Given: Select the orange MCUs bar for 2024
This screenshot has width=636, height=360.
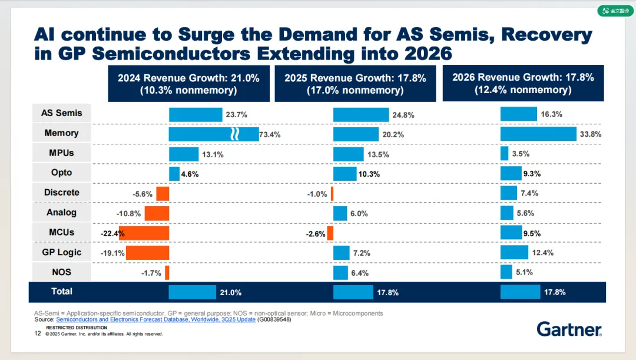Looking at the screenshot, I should click(144, 233).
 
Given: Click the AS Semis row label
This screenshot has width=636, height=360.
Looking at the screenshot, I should click(61, 113).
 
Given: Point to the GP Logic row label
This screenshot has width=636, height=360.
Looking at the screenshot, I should click(61, 252).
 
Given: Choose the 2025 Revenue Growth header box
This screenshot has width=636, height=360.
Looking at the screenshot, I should click(355, 83).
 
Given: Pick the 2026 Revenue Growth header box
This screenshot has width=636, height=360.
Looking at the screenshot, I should click(523, 83).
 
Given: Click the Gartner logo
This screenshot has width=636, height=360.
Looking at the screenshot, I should click(569, 329).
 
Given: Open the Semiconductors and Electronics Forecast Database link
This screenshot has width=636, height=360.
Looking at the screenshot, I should click(155, 319).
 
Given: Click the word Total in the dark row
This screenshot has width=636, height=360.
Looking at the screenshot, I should click(62, 291).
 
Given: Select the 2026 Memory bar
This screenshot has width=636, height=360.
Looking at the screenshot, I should click(538, 134).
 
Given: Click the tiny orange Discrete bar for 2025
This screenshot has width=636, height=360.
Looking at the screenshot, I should click(332, 193).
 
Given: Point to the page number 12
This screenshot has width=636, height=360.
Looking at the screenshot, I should click(38, 333).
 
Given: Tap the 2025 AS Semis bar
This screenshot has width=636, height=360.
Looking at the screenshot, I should click(361, 114).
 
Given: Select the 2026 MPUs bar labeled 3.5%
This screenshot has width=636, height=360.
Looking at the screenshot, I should click(504, 153).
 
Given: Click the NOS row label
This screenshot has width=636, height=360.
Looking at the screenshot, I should click(61, 272).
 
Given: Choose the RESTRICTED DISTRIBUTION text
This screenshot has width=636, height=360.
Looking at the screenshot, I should click(77, 328).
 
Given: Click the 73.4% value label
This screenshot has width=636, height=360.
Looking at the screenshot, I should click(270, 134).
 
